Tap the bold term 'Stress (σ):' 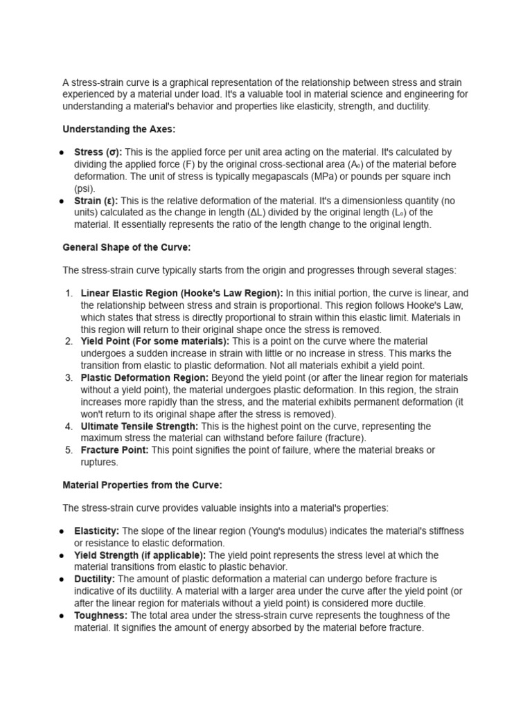pos(98,152)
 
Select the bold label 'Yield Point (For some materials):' pos(156,342)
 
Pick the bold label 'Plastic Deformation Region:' pos(145,378)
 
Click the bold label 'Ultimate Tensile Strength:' pos(139,427)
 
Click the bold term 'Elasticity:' pos(97,531)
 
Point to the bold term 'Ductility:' pos(95,579)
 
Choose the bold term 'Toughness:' pos(100,616)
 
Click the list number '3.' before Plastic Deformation pos(69,378)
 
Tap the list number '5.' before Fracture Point pos(69,450)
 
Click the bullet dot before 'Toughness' pos(62,616)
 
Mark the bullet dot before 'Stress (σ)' pos(62,152)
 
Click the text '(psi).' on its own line pos(85,188)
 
